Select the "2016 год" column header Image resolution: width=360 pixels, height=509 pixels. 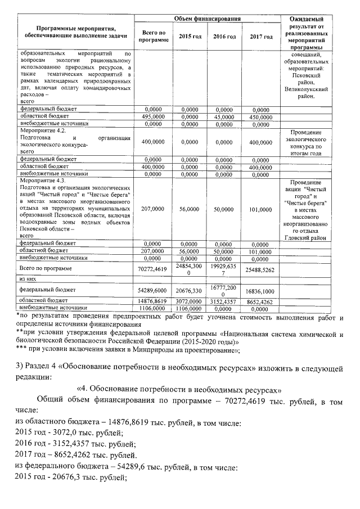pos(224,37)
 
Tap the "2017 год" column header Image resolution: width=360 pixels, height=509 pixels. pos(261,37)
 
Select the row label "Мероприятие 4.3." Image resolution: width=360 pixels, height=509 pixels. pos(43,181)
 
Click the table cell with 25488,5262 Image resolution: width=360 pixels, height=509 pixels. pos(261,270)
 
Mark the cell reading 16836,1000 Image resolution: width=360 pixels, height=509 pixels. pos(261,291)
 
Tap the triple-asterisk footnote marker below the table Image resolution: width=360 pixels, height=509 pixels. pos(21,350)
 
